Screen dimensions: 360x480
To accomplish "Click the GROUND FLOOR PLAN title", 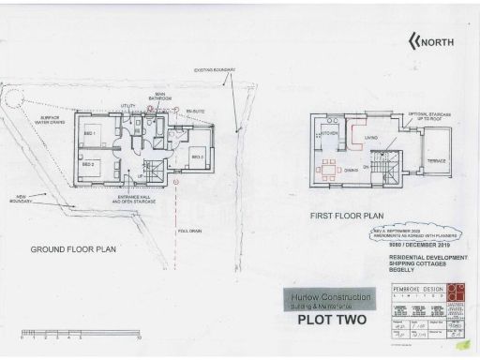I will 73,249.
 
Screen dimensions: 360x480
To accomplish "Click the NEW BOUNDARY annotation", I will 21,200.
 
